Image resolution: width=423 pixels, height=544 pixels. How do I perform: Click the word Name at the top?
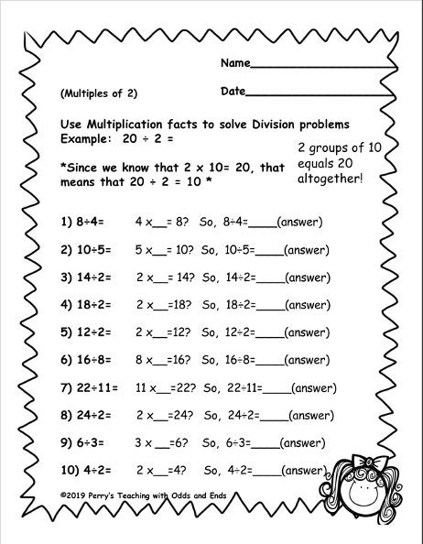233,64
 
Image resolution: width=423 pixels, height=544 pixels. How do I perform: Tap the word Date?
233,92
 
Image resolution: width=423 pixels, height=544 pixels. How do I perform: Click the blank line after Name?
320,68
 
